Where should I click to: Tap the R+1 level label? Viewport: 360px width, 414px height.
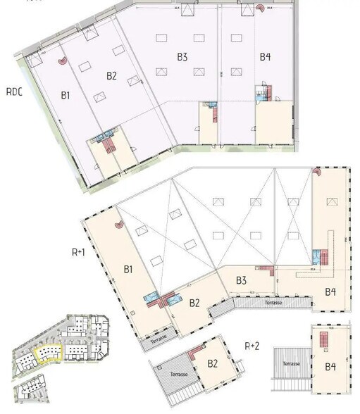coord(79,251)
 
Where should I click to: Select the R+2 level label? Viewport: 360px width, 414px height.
coord(252,346)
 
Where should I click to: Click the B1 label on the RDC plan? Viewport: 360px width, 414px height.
coord(66,95)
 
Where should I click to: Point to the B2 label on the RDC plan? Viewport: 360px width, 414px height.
coord(111,75)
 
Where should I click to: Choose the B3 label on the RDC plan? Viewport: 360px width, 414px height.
coord(182,56)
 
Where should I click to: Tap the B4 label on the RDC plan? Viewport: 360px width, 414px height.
coord(265,56)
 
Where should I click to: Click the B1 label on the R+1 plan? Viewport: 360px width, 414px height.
coord(129,269)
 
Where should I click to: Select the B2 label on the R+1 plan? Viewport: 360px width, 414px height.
coord(195,303)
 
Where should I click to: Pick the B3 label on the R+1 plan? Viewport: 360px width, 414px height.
coord(241,280)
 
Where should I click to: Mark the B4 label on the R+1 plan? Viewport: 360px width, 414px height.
coord(330,291)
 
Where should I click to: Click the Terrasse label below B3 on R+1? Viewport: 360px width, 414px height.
coord(274,301)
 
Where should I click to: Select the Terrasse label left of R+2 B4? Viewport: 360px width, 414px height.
coord(291,362)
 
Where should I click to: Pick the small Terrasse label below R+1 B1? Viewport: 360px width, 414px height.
coord(160,339)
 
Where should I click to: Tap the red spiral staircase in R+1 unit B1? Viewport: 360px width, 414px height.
coord(118,225)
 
